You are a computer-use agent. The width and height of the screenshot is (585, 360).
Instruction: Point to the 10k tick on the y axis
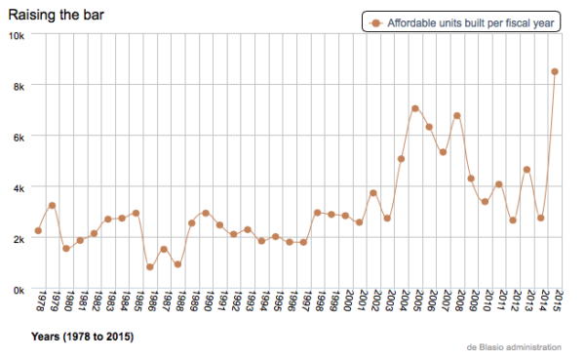click(18, 35)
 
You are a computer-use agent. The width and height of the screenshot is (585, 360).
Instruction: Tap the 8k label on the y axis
click(19, 86)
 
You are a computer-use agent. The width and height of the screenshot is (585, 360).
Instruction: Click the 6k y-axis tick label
click(19, 137)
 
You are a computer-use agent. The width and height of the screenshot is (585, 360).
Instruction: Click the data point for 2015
click(555, 71)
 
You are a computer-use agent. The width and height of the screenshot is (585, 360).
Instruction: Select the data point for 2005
click(415, 108)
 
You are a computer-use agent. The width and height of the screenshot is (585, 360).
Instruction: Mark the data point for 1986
click(150, 267)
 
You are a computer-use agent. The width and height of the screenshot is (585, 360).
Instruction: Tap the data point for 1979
click(52, 206)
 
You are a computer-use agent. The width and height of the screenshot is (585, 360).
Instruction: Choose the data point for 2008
click(457, 116)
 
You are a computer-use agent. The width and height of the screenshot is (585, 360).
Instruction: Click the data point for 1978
click(38, 231)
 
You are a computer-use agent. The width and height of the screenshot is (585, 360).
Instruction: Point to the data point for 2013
click(526, 170)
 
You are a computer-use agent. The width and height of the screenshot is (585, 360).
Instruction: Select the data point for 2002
click(373, 193)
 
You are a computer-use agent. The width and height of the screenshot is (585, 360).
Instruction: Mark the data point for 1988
click(177, 264)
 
